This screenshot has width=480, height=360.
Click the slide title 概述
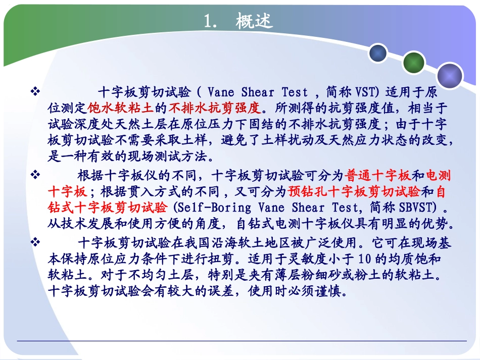point(254,21)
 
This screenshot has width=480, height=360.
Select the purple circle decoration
point(450,76)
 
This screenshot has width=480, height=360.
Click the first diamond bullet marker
point(35,92)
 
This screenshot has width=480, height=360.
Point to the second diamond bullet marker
point(35,175)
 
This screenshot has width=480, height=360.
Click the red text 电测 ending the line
point(439,176)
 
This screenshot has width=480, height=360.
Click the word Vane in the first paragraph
point(220,92)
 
